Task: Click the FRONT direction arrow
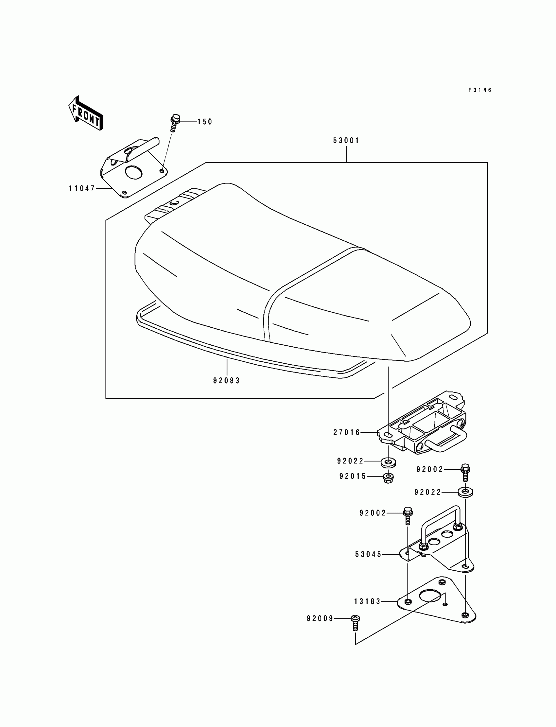pyautogui.click(x=86, y=113)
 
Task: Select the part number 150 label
pyautogui.click(x=204, y=122)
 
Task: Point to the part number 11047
pyautogui.click(x=82, y=189)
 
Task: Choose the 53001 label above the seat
pyautogui.click(x=346, y=141)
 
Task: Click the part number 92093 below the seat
pyautogui.click(x=226, y=381)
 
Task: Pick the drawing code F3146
pyautogui.click(x=480, y=90)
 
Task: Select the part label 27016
pyautogui.click(x=346, y=432)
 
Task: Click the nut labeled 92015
pyautogui.click(x=388, y=478)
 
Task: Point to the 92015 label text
pyautogui.click(x=353, y=476)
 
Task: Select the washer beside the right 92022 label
pyautogui.click(x=465, y=492)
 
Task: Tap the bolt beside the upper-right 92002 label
pyautogui.click(x=465, y=471)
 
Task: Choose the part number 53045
pyautogui.click(x=368, y=554)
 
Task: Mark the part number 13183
pyautogui.click(x=367, y=601)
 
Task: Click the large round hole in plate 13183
pyautogui.click(x=430, y=595)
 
